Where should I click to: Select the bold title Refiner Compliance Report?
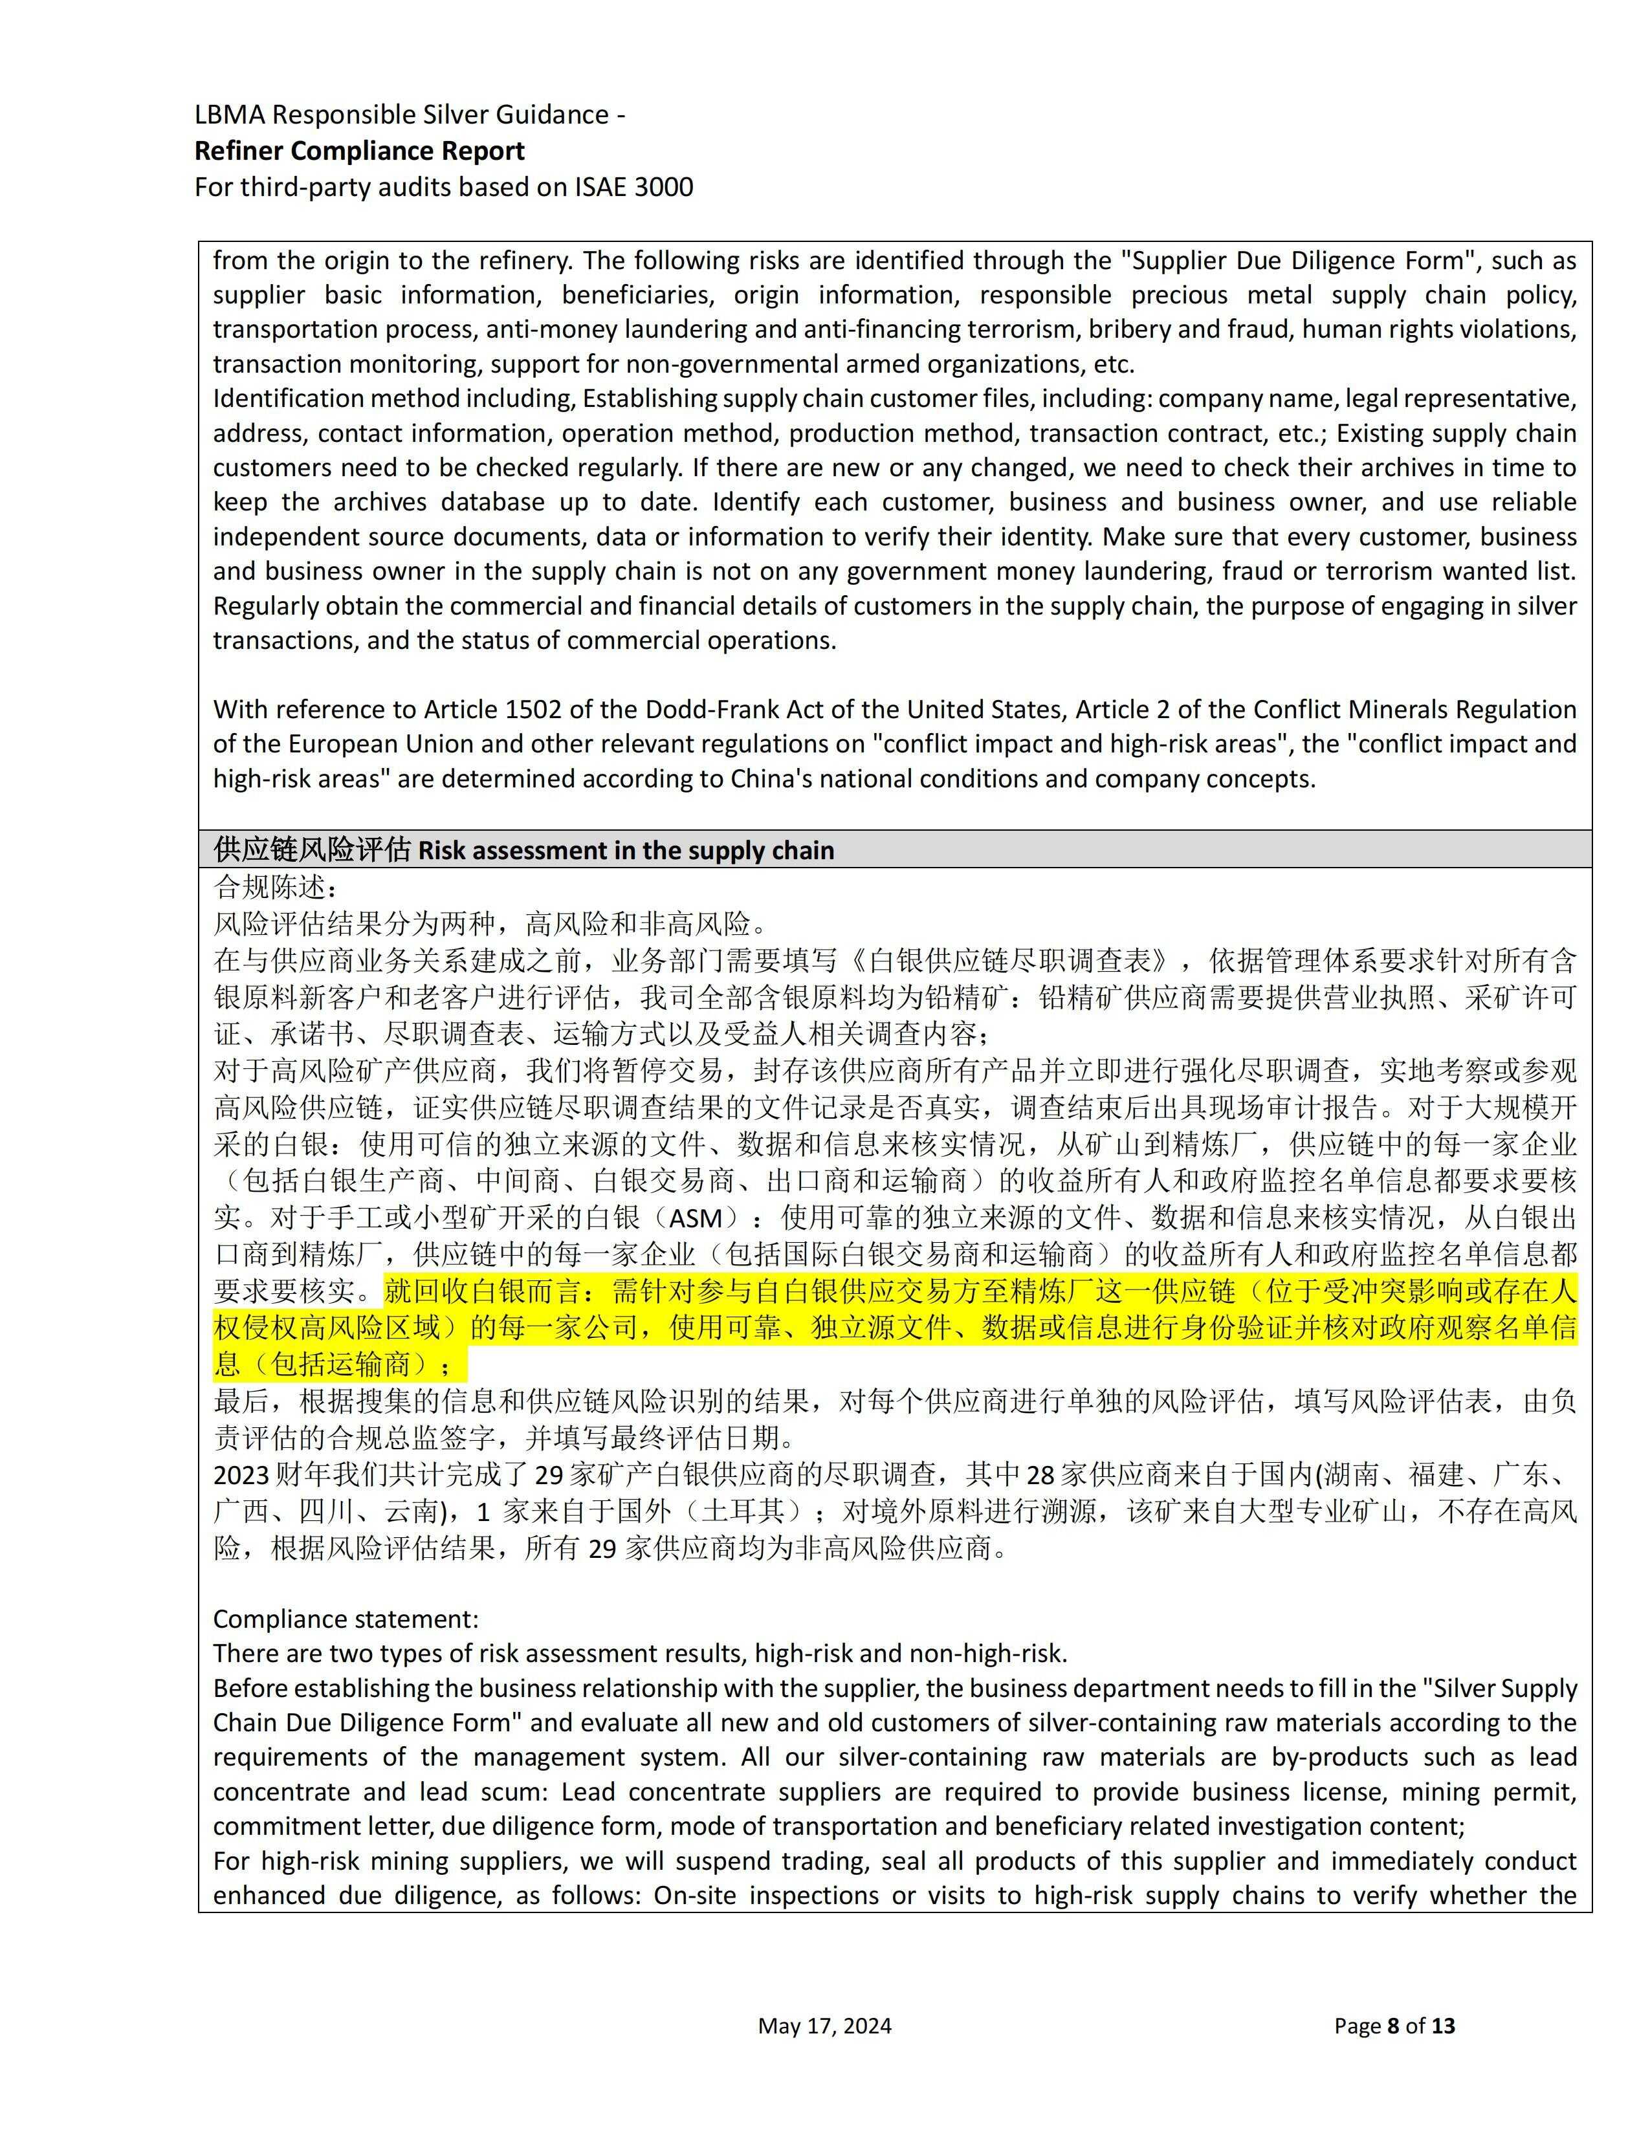(x=358, y=151)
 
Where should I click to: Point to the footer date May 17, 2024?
(x=824, y=2026)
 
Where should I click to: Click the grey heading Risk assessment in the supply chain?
(x=626, y=851)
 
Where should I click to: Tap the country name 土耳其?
(x=742, y=1511)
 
